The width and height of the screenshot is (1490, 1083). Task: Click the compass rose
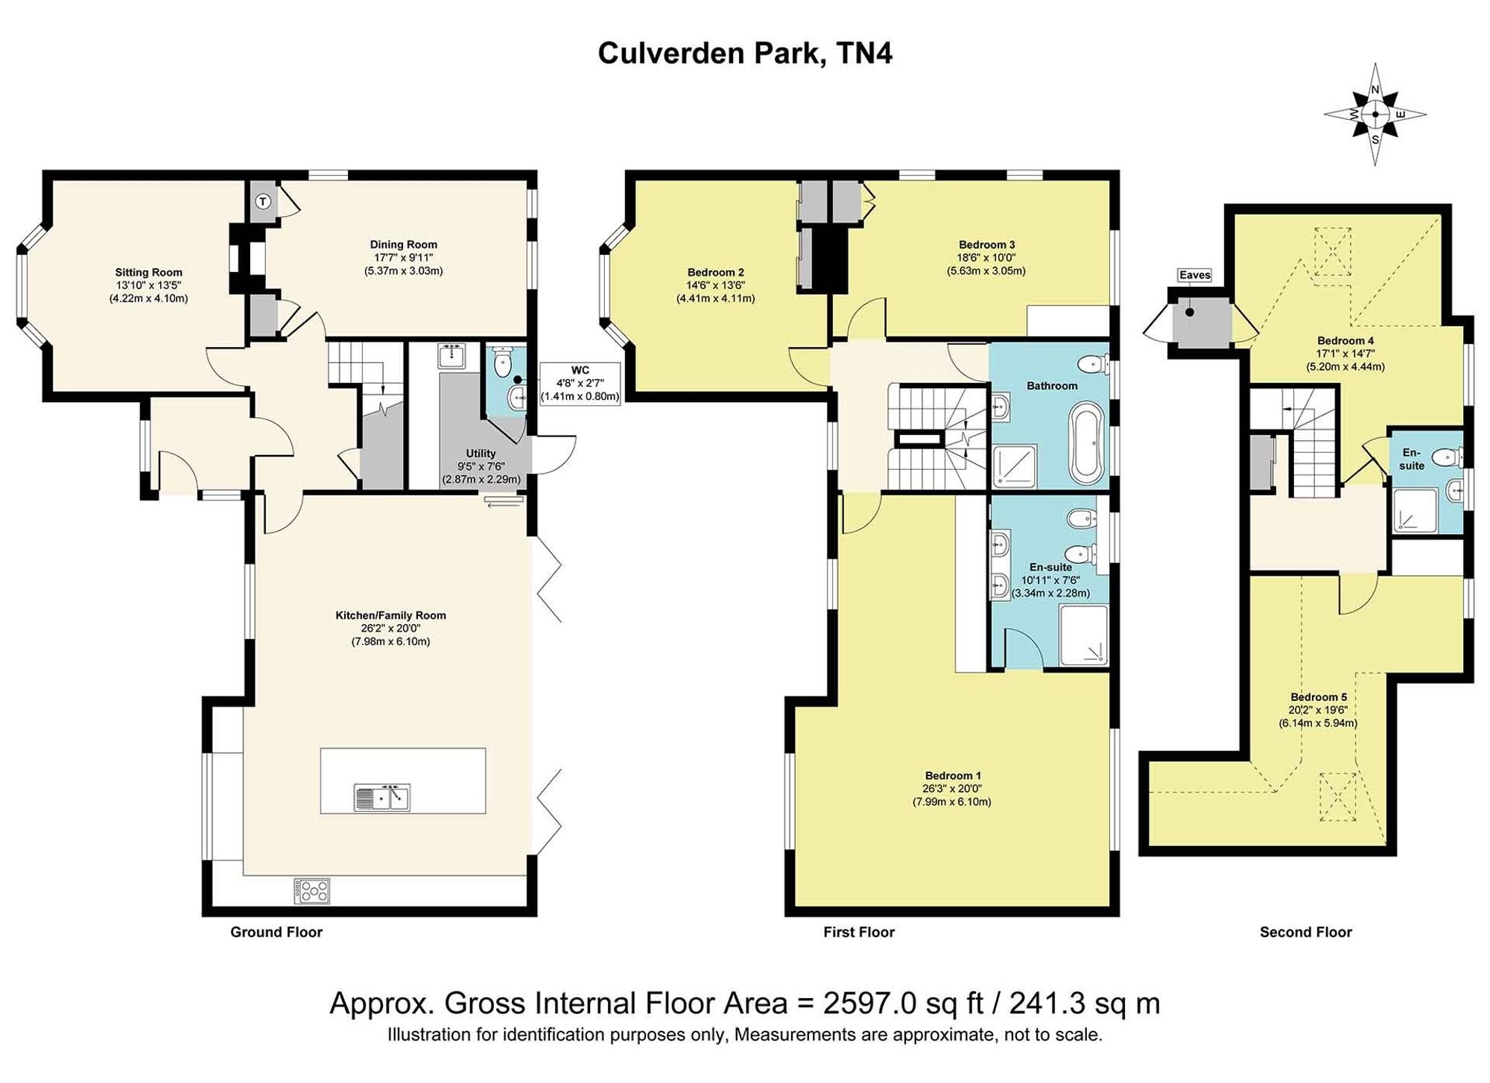click(x=1375, y=114)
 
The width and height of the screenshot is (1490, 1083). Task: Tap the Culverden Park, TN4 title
click(x=745, y=54)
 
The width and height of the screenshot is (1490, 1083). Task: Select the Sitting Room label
click(x=148, y=273)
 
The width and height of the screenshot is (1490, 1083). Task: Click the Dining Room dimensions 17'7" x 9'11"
click(x=403, y=258)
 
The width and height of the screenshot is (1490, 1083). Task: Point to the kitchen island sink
click(x=382, y=798)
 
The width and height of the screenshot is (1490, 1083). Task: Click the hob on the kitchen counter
click(x=312, y=891)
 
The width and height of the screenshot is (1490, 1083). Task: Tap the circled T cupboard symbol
click(x=263, y=201)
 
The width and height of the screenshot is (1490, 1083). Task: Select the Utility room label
click(x=481, y=454)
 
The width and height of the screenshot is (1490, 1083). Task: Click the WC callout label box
click(x=580, y=383)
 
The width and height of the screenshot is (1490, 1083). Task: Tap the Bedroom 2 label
click(x=715, y=273)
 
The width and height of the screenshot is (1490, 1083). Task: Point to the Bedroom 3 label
click(x=986, y=244)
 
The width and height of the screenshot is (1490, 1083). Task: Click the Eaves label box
click(x=1195, y=276)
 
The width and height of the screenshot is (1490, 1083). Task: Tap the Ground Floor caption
click(x=276, y=932)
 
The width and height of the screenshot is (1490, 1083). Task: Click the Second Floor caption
click(x=1306, y=932)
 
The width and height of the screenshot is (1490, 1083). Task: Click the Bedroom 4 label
click(x=1345, y=341)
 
